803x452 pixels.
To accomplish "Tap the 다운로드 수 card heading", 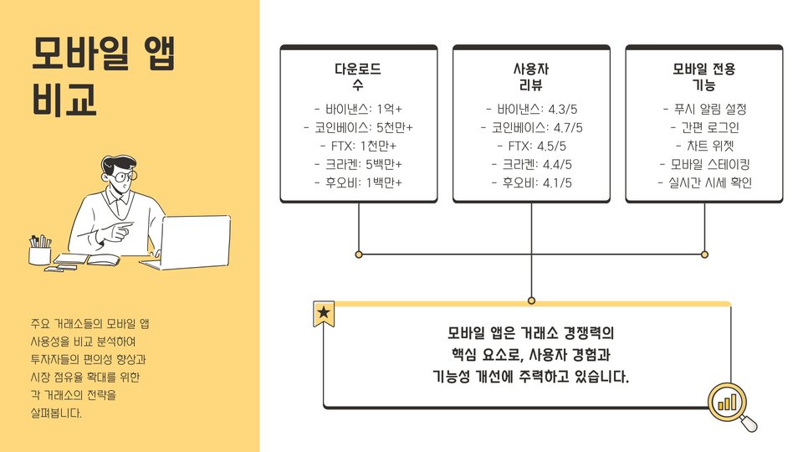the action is pos(358,76).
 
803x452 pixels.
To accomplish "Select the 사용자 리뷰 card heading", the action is pos(531,76).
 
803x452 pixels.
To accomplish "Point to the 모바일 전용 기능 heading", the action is pos(703,76).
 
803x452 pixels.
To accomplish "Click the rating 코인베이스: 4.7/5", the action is pos(531,127).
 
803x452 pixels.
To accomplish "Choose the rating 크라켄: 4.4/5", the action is pos(531,164).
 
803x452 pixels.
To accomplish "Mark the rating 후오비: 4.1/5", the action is pos(531,182).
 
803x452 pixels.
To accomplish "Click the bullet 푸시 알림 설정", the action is pos(703,109).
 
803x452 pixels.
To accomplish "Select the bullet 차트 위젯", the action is pos(703,146).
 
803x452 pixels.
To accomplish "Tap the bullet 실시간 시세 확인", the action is pos(703,182).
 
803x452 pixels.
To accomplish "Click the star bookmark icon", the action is pos(324,314).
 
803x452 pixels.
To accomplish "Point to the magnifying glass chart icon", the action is pos(730,405).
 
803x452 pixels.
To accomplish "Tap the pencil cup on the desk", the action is pos(39,251).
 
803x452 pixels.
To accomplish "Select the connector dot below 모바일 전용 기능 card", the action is pos(704,254).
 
